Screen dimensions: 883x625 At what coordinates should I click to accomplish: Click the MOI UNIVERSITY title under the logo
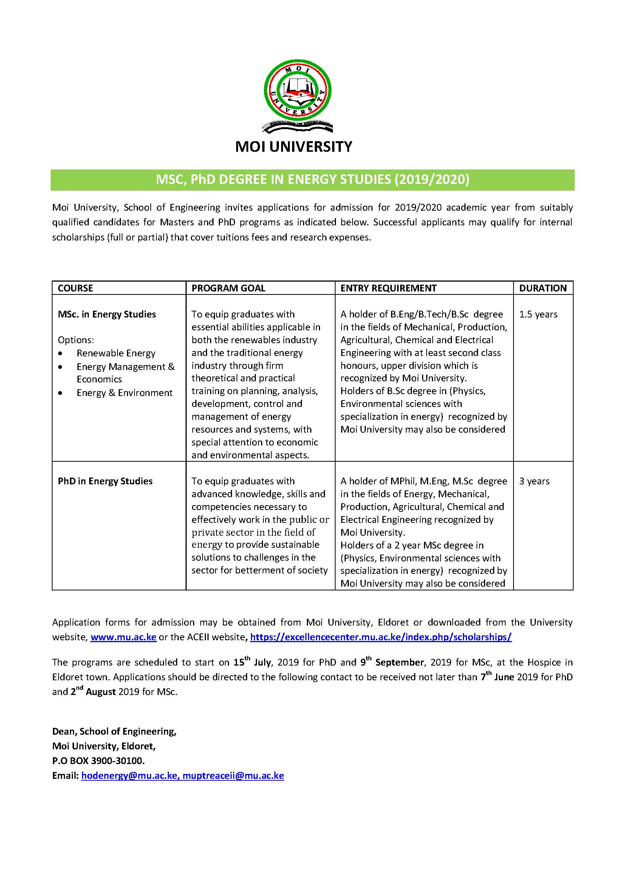(294, 147)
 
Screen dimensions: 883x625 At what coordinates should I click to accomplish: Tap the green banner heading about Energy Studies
(312, 180)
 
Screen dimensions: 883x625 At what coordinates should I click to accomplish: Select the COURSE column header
(76, 288)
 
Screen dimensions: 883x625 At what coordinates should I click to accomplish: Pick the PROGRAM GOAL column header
(228, 288)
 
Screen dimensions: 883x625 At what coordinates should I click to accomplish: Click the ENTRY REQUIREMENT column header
(388, 288)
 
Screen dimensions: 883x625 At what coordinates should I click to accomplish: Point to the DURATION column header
(543, 288)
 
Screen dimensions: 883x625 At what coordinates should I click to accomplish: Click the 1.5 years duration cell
(538, 314)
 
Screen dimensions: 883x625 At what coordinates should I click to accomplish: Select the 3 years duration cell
(534, 481)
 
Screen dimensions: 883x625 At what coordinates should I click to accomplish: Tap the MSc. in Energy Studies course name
(107, 314)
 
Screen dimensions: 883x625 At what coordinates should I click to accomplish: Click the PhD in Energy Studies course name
(105, 481)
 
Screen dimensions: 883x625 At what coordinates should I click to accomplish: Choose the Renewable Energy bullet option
(116, 353)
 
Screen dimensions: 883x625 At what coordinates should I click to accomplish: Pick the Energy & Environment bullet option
(124, 393)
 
